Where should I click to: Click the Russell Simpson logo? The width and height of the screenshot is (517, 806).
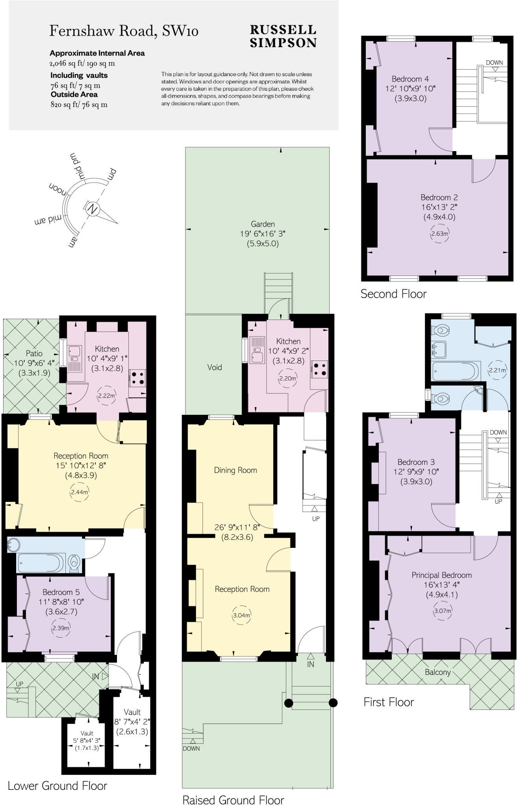[283, 36]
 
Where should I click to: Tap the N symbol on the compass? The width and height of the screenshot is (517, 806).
[93, 209]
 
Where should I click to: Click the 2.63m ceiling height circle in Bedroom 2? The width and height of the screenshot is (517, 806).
[439, 233]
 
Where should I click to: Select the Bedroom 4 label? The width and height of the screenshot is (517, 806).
[410, 79]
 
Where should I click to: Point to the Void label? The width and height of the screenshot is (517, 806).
[215, 367]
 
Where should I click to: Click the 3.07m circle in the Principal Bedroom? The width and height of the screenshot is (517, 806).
[442, 611]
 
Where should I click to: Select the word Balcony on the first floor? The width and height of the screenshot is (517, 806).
[437, 672]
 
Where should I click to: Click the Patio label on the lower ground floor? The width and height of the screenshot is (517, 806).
[34, 353]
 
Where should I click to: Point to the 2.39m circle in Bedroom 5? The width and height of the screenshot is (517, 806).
[61, 628]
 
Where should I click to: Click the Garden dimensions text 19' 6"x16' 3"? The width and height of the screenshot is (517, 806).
[263, 234]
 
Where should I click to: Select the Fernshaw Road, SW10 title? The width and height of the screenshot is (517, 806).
[124, 31]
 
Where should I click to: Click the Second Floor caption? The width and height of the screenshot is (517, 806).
[393, 294]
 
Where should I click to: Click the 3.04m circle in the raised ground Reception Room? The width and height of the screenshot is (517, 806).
[241, 616]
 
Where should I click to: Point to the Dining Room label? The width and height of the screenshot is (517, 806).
[235, 470]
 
